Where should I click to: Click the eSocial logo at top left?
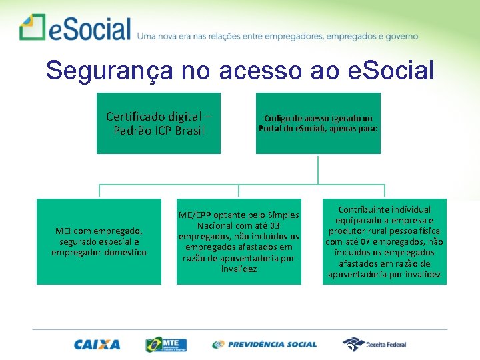[75, 29]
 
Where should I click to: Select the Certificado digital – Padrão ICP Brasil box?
[158, 123]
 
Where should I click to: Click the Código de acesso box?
[318, 123]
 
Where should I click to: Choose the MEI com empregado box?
[99, 241]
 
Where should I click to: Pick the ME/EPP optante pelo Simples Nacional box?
[239, 241]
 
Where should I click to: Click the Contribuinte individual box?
[385, 241]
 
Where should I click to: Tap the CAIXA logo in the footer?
[97, 345]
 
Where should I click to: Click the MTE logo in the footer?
[166, 345]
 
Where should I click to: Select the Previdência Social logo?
[265, 345]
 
